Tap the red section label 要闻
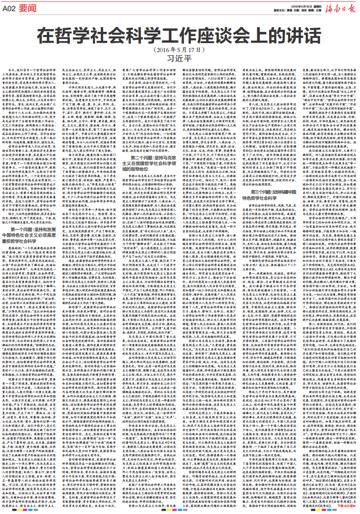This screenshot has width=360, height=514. tap(28, 7)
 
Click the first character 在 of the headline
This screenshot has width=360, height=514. tap(45, 34)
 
